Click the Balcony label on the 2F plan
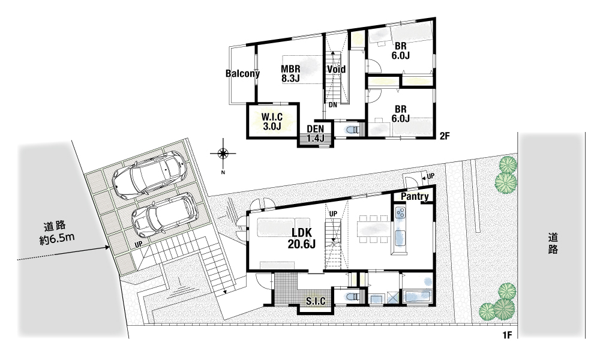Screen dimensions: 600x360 pos(242,73)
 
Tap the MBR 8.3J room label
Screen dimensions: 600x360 pos(290,73)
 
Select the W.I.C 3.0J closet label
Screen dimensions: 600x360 pos(272,121)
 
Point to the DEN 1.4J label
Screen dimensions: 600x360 pos(316,134)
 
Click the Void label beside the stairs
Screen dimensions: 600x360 pos(336,69)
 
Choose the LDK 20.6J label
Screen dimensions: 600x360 pos(302,238)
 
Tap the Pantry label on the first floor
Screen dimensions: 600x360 pos(415,197)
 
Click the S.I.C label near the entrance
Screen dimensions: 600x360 pos(316,301)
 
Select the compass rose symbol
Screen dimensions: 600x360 pos(223,154)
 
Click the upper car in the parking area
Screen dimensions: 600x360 pos(150,175)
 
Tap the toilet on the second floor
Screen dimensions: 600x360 pos(352,130)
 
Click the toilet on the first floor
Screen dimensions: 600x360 pos(352,296)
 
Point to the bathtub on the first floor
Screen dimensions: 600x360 pos(418,297)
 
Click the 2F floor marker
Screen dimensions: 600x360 pos(444,136)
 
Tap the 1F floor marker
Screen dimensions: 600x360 pos(507,335)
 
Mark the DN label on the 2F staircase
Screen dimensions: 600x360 pos(332,105)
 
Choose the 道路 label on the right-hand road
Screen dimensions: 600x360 pos(553,244)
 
